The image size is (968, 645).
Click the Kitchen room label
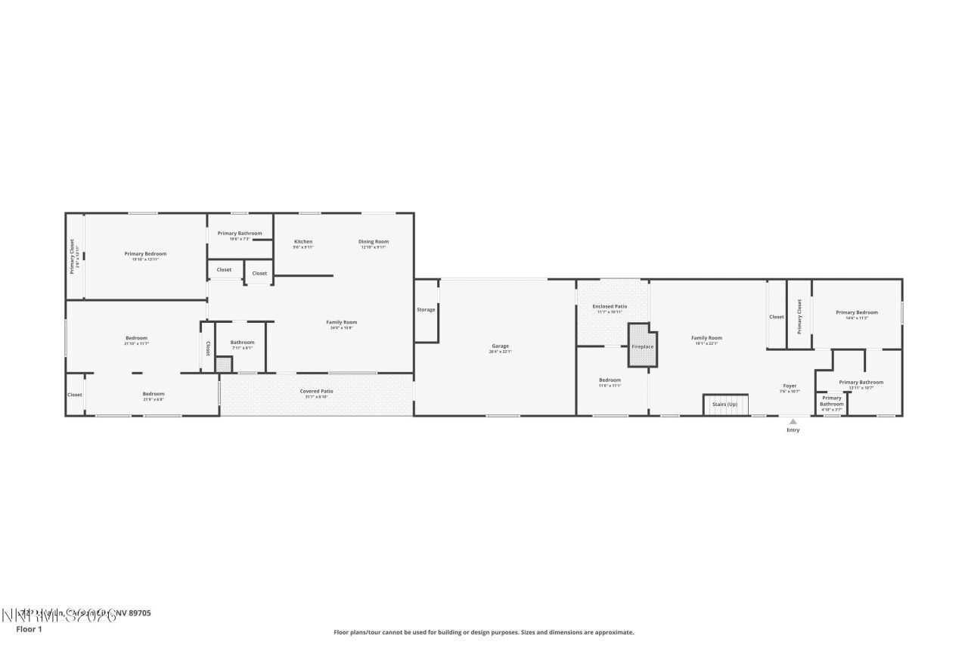(x=303, y=242)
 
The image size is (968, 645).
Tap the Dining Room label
(x=374, y=242)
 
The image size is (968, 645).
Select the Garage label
(x=500, y=346)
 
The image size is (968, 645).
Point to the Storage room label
(x=426, y=309)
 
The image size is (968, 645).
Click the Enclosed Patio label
(x=609, y=306)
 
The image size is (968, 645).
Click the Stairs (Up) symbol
(x=725, y=405)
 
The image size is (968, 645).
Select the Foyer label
(x=789, y=386)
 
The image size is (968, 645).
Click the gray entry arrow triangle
(x=793, y=422)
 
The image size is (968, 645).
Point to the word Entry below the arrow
(x=793, y=430)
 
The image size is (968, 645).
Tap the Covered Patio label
(x=316, y=391)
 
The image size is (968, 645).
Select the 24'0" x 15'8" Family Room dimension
(x=342, y=328)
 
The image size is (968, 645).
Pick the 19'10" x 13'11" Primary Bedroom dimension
(x=145, y=259)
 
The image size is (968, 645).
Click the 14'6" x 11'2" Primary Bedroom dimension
(x=857, y=318)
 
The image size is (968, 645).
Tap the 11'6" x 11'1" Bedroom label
(x=610, y=380)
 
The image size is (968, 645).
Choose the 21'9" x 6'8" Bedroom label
(x=154, y=394)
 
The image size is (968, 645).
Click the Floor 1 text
(x=29, y=628)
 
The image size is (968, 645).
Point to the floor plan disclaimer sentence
(x=484, y=632)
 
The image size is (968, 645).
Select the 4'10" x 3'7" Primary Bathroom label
(x=831, y=401)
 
